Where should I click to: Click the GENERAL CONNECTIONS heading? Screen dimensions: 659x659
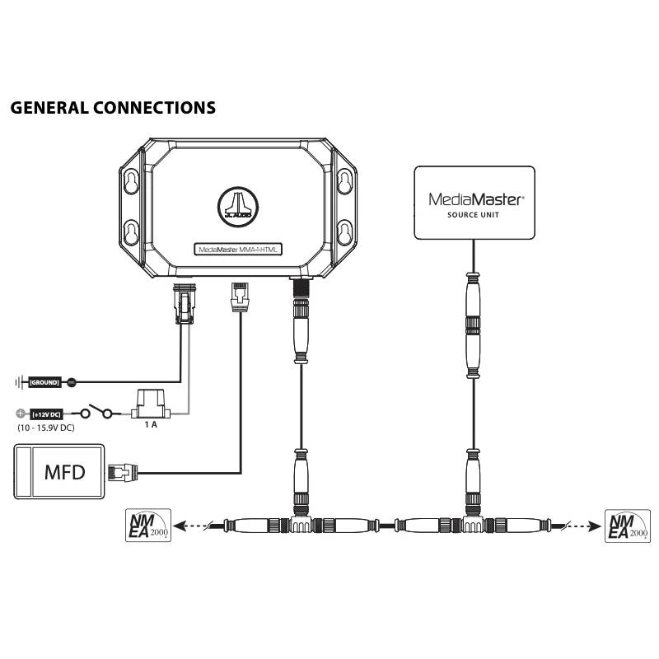[114, 108]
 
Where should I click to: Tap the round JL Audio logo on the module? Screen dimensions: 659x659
[239, 203]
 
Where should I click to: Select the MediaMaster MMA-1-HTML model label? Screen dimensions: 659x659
[239, 249]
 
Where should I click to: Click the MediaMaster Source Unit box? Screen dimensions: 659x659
[474, 203]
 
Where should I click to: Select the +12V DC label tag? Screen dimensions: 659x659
[45, 414]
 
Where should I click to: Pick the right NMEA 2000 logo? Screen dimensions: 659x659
[626, 525]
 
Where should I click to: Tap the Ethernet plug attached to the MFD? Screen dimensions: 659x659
[119, 473]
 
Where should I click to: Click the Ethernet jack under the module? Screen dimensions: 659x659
[239, 297]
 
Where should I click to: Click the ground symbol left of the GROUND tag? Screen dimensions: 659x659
[18, 383]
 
